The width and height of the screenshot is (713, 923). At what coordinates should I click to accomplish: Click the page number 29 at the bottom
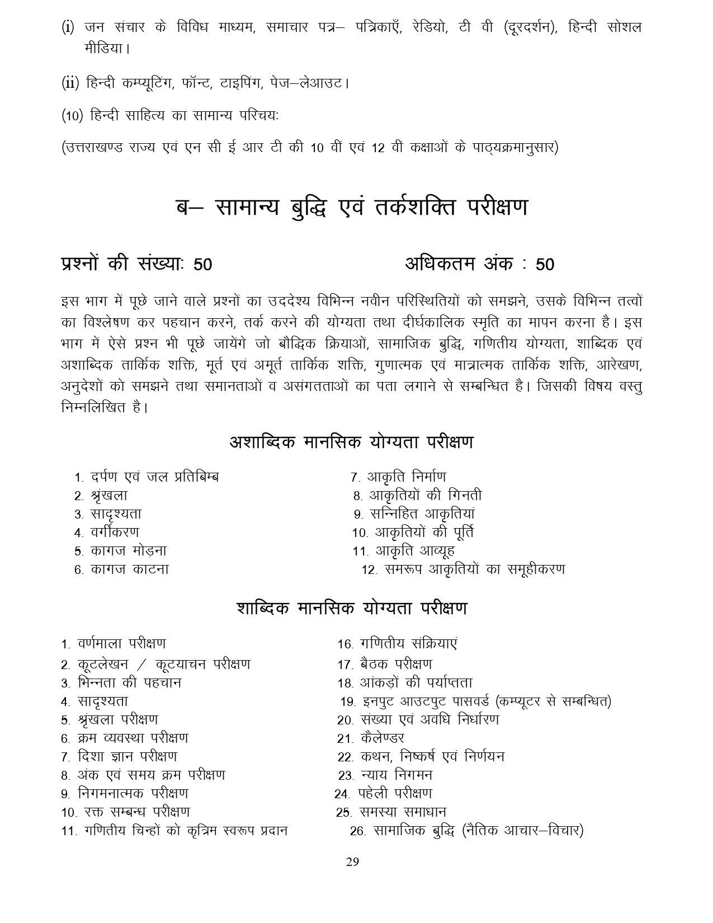[x=352, y=861]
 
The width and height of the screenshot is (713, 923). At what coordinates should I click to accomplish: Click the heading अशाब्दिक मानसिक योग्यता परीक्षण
[x=352, y=442]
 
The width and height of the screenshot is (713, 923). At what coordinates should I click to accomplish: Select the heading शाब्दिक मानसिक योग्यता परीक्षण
[x=352, y=608]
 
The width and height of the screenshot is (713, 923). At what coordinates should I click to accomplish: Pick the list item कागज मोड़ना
[x=128, y=551]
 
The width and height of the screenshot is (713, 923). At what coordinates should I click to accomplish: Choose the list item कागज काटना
[x=129, y=569]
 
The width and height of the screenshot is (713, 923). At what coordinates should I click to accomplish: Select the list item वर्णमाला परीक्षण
[x=121, y=644]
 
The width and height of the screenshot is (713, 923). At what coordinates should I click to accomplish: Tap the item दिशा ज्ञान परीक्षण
[x=128, y=757]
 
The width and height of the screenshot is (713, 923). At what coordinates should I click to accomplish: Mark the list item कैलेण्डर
[x=383, y=738]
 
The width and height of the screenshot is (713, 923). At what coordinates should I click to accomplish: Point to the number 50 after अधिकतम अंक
[x=545, y=265]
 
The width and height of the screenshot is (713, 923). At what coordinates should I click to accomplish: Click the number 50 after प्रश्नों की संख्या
[x=202, y=265]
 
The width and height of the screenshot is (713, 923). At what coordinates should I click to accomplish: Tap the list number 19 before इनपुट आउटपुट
[x=348, y=701]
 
